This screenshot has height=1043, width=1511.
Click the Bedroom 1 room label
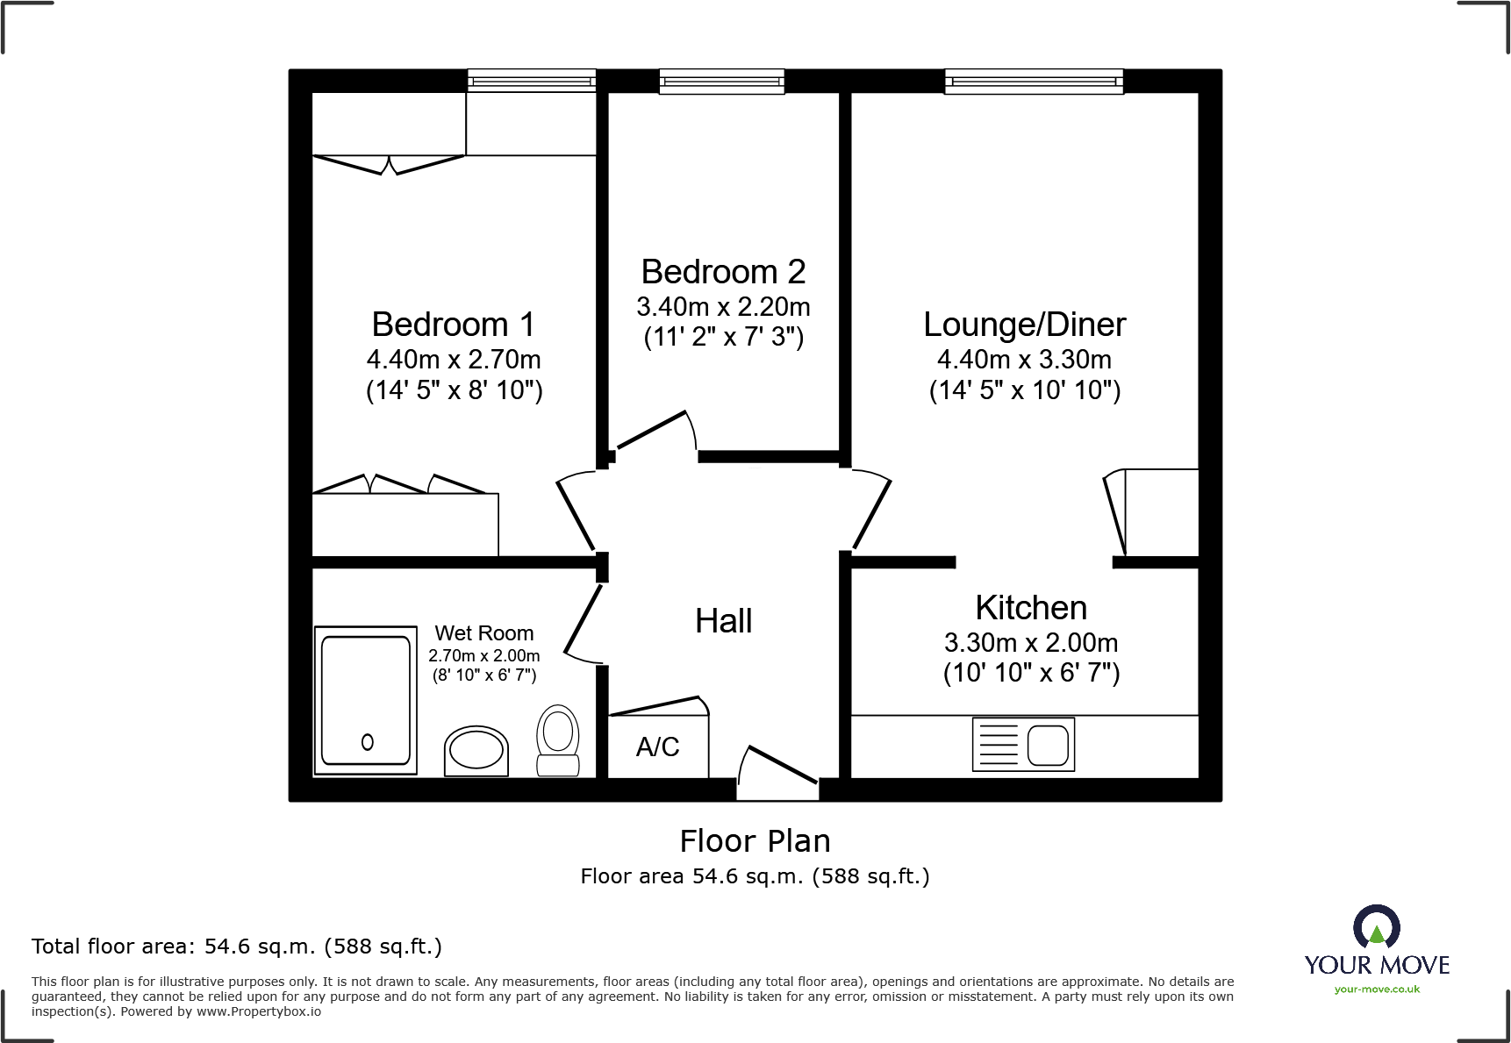(x=453, y=325)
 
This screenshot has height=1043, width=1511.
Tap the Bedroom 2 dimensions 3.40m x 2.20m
(x=723, y=307)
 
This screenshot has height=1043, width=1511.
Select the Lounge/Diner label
(x=1024, y=325)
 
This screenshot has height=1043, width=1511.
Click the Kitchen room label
(x=1031, y=608)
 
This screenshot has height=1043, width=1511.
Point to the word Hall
(x=723, y=621)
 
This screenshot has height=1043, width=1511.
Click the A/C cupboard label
(x=657, y=747)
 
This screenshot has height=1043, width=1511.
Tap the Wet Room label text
(x=483, y=633)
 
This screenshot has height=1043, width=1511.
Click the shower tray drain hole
(x=368, y=742)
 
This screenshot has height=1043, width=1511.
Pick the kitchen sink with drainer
(x=1023, y=745)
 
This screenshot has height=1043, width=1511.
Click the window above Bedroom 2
(x=721, y=82)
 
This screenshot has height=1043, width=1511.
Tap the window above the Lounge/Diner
(x=1034, y=82)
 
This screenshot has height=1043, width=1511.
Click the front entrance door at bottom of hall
(x=777, y=772)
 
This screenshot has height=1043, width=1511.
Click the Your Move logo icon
(x=1376, y=927)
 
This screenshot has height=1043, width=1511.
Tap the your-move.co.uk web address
(x=1377, y=989)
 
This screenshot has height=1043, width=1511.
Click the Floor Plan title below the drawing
(x=755, y=841)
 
